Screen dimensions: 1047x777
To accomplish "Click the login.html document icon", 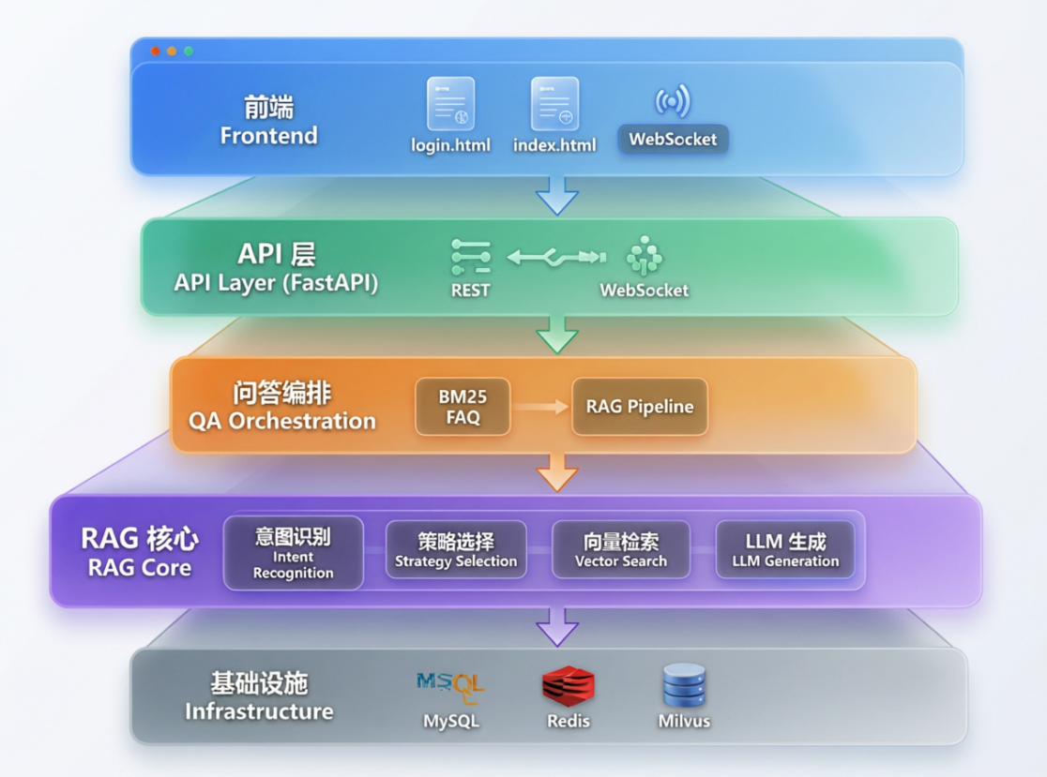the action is [x=450, y=103].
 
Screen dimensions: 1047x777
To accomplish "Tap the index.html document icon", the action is [x=554, y=103].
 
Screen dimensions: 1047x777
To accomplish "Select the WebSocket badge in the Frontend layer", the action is [x=673, y=139].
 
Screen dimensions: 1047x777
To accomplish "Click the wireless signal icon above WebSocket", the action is [x=673, y=100].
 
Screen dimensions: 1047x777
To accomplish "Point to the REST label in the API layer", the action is [x=470, y=291].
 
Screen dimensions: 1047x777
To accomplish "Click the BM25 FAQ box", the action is [x=463, y=407].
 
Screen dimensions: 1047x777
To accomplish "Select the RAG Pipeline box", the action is [x=640, y=407].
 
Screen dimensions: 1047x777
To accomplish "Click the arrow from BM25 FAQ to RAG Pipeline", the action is [x=540, y=406].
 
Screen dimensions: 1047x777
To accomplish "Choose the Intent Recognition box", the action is [x=293, y=552].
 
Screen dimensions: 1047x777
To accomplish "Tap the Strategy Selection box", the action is [x=456, y=549].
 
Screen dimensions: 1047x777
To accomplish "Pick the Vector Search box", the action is [x=621, y=549].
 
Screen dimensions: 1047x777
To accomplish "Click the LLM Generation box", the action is [x=785, y=549].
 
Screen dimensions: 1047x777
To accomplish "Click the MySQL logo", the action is [x=450, y=687].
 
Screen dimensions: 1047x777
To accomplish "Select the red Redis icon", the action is [x=569, y=686].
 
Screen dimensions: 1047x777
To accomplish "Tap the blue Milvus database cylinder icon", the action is [x=685, y=685].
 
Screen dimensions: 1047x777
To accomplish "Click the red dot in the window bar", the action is [x=155, y=52].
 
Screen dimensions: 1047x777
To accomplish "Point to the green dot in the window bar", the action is [x=189, y=52].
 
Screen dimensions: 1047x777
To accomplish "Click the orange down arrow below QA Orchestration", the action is [x=557, y=472].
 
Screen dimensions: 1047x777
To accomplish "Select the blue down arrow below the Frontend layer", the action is [x=557, y=195].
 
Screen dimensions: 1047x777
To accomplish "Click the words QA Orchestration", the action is [x=281, y=421].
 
